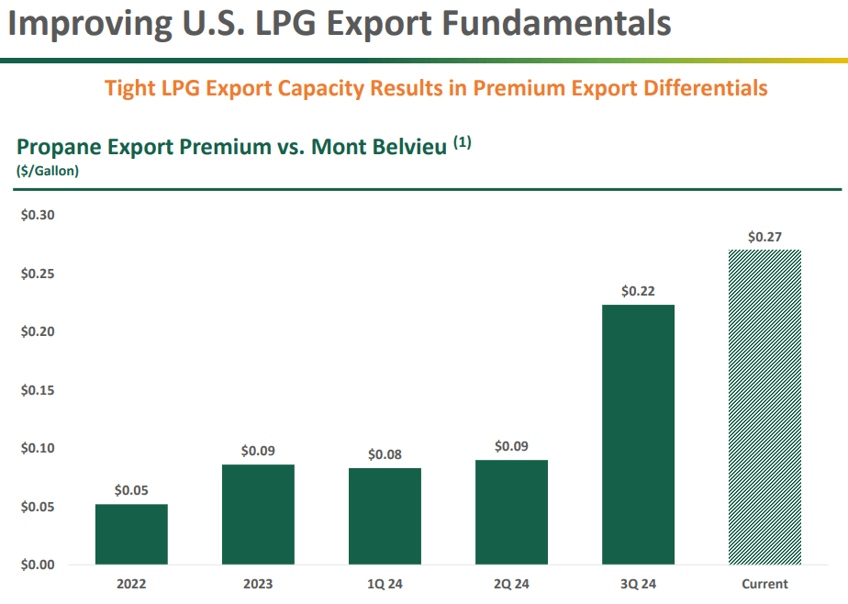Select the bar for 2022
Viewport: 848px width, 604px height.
pos(131,534)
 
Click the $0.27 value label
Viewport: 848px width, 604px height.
pos(764,237)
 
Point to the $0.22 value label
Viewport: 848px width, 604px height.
pos(638,291)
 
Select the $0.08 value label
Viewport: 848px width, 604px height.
pos(385,454)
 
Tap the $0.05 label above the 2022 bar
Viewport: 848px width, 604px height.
pos(131,490)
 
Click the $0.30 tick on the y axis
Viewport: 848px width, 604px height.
pos(38,216)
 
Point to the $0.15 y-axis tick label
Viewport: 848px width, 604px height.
pos(38,390)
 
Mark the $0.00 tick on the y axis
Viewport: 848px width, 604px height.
pos(38,565)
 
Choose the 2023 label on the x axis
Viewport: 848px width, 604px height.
pos(258,584)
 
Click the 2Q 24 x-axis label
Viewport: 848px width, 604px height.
pos(511,584)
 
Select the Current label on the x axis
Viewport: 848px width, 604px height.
pos(764,584)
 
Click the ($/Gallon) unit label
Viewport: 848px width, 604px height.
pos(47,171)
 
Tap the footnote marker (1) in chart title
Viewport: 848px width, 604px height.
pos(462,143)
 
